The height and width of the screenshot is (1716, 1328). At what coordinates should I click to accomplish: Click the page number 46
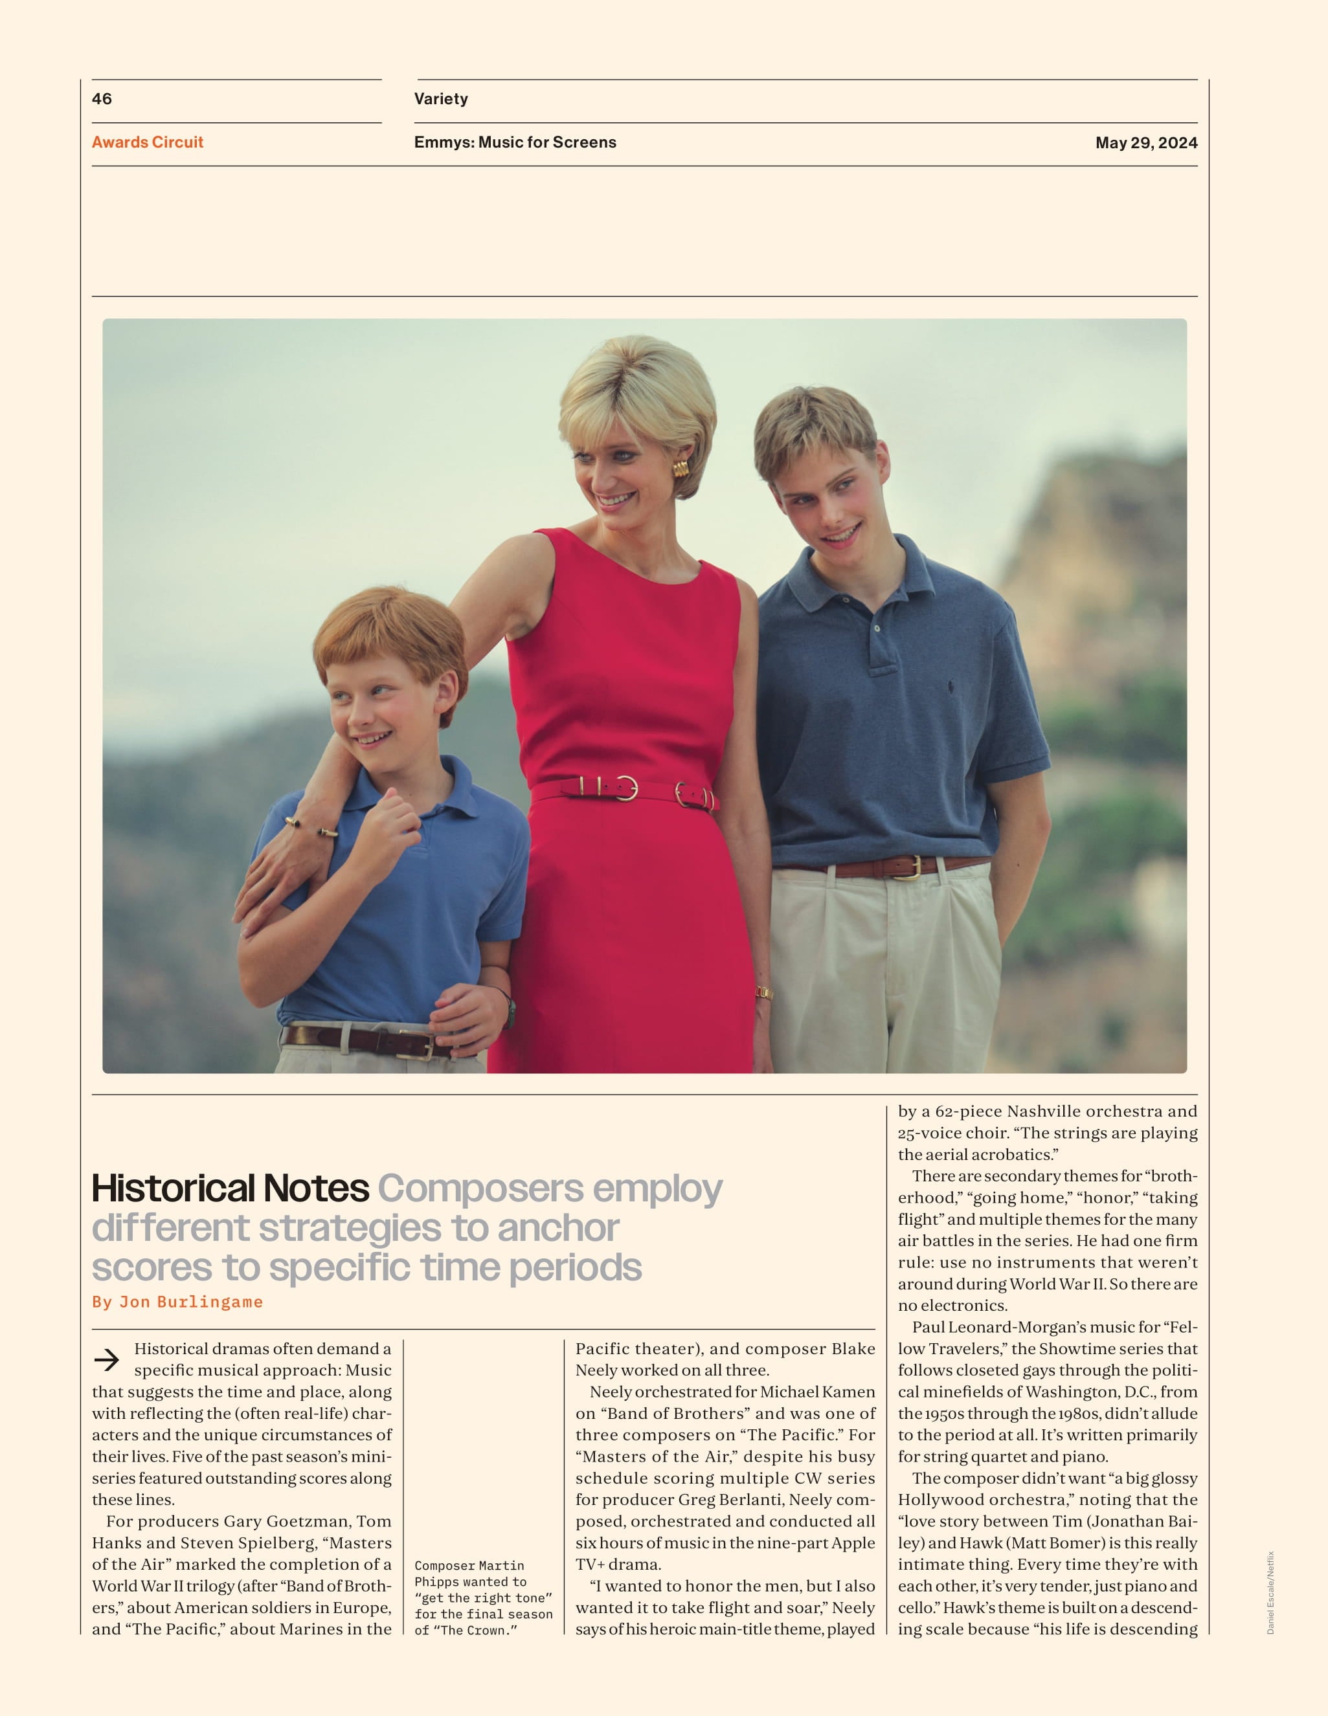[x=102, y=99]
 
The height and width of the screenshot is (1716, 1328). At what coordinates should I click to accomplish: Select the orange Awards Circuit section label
[x=148, y=142]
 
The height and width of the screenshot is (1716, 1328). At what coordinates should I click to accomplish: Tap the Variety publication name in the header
[x=441, y=99]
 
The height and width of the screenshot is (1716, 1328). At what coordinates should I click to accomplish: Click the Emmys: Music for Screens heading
[x=515, y=142]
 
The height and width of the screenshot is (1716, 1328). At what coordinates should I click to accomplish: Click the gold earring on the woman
[x=680, y=469]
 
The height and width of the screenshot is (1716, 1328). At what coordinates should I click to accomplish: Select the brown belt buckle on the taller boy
[x=908, y=867]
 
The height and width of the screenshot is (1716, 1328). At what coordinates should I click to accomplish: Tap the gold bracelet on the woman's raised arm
[x=312, y=827]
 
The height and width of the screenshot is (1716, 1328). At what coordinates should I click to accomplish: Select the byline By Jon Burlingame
[x=177, y=1302]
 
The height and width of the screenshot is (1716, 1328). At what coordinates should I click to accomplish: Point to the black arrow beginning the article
[x=107, y=1359]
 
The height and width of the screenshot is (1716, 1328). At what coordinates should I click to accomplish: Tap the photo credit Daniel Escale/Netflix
[x=1270, y=1592]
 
